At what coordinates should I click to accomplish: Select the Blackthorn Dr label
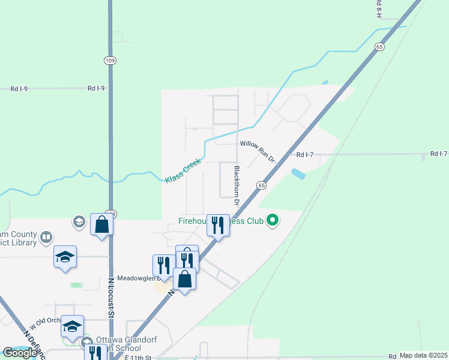coord(237,185)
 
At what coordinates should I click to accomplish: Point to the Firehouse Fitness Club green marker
coord(273,220)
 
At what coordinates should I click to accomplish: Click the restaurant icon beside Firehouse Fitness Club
coord(218,226)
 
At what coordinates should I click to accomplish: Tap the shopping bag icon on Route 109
coord(102,225)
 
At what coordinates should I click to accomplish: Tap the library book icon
coord(46,238)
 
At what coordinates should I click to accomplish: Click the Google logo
coord(20,353)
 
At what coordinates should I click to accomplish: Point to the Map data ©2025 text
coord(423,355)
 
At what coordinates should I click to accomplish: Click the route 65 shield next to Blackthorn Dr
coord(262,185)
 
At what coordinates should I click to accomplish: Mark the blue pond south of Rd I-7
coord(297,175)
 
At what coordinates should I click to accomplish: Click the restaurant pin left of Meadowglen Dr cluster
coord(164,266)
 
